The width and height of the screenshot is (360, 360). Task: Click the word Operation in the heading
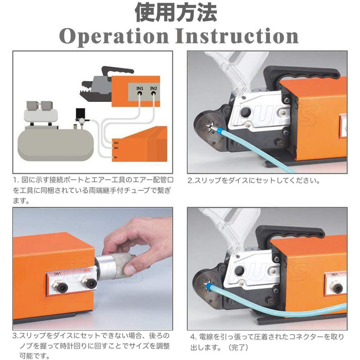point(114,37)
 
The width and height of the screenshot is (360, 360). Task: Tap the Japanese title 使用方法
point(176,13)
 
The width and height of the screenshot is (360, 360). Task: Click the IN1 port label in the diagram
point(140,88)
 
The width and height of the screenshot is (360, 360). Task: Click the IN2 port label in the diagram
point(153,88)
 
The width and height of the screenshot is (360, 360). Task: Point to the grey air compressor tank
point(56,142)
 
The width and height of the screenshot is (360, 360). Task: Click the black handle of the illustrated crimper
point(117,71)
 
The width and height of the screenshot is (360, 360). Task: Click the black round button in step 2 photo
point(246,113)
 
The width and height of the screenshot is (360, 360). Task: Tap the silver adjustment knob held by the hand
point(112,267)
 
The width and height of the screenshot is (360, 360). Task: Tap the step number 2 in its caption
point(190,181)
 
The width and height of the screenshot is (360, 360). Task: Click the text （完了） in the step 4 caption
point(238,347)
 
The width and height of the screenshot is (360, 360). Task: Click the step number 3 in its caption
point(15,336)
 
